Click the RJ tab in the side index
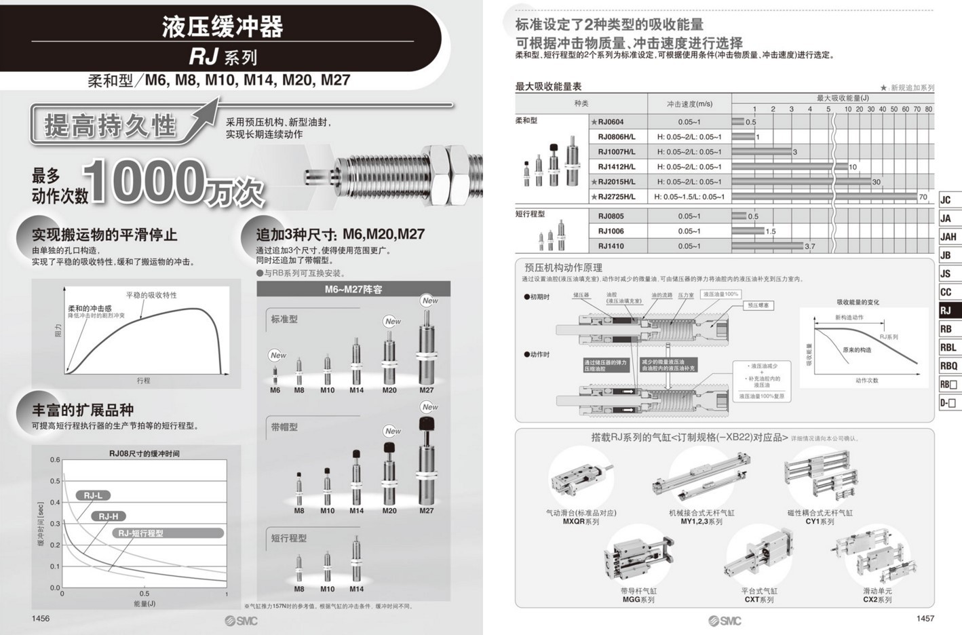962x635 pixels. point(948,311)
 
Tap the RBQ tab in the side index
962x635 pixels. point(948,366)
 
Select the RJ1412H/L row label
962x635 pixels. point(616,167)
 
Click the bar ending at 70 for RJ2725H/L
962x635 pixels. point(824,197)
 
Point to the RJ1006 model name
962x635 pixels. point(611,231)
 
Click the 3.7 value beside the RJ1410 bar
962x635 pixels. point(809,246)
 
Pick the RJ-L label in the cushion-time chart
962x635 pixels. point(93,495)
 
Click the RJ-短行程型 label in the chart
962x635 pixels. point(140,533)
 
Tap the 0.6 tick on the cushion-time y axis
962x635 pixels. point(55,460)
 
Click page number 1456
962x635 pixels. point(41,618)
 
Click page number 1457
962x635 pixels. point(925,618)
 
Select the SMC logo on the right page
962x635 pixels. point(725,621)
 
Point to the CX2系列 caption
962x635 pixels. point(877,600)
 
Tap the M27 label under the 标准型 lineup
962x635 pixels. point(426,390)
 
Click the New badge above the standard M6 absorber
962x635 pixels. point(278,355)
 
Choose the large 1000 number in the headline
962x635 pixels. point(146,182)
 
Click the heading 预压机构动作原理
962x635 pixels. point(563,267)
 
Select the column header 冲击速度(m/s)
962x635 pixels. point(689,104)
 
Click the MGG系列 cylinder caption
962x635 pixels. point(638,600)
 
